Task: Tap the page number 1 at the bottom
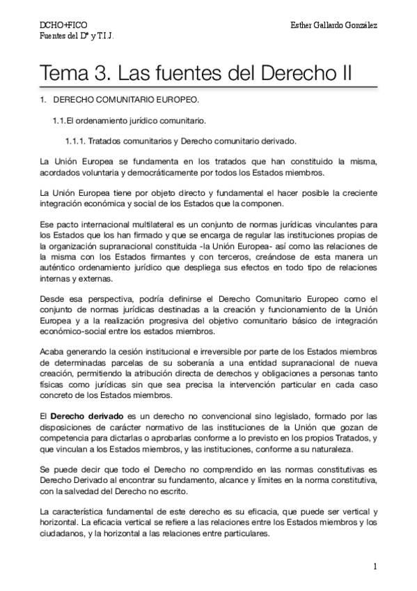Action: click(375, 566)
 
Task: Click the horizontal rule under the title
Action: click(209, 88)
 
